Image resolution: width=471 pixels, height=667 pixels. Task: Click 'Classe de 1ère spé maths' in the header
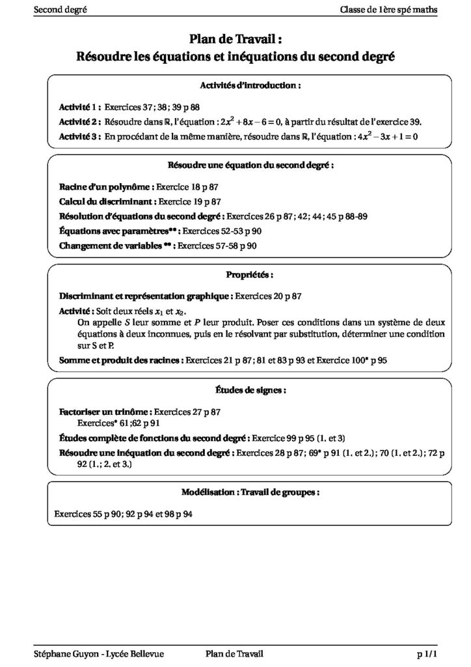pos(388,8)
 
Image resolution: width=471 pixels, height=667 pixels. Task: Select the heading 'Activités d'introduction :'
pos(250,85)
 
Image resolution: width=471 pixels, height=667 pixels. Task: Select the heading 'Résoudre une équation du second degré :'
pos(250,165)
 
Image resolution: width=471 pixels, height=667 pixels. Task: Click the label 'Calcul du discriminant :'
pos(107,201)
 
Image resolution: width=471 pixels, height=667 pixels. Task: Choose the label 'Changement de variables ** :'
pos(117,246)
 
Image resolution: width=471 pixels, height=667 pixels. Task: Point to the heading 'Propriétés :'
pos(250,275)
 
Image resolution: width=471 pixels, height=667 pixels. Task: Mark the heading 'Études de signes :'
pos(250,390)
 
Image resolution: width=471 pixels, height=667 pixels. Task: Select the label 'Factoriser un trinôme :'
pos(105,412)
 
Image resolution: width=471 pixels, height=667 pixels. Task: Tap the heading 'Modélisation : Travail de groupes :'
pos(250,492)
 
